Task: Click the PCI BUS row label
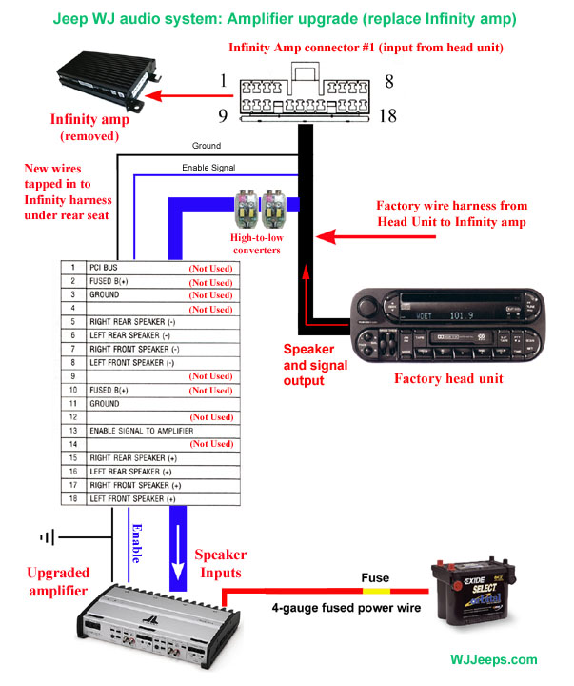106,270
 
